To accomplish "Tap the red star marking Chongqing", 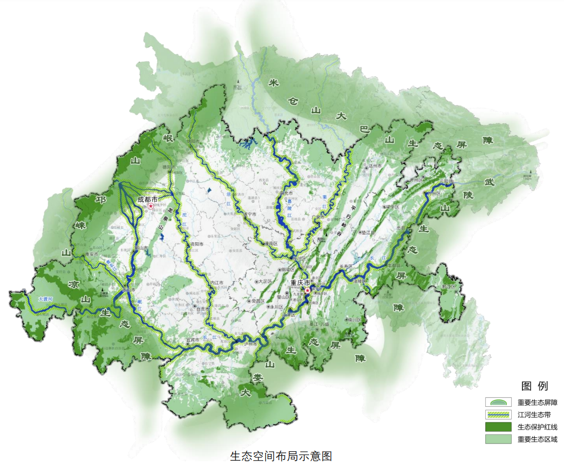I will (x=308, y=290).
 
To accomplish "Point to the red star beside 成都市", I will (x=151, y=206).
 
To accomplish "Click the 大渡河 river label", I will (x=46, y=299).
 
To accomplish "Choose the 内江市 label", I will (x=216, y=283).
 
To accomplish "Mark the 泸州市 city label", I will (x=251, y=344).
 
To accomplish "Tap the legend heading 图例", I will (x=535, y=386).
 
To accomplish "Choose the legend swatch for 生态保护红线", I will (x=498, y=427).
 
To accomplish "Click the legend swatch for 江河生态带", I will (x=498, y=415).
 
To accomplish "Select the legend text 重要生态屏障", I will (x=537, y=402).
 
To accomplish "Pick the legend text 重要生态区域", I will (x=537, y=439).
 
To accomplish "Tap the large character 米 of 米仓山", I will (x=273, y=83).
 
